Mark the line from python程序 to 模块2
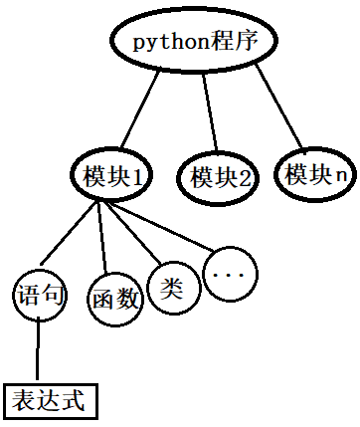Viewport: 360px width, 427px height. [210, 113]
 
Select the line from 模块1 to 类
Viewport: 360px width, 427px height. [135, 232]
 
